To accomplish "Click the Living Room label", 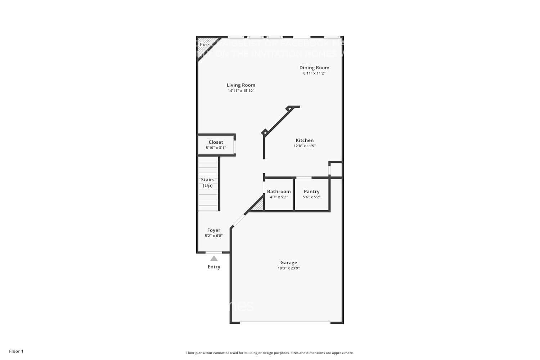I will point(241,85).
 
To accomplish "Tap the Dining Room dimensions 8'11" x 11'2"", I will point(314,73).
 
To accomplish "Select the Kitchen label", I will point(305,140).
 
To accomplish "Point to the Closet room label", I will point(216,142).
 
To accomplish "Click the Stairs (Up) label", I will point(208,183).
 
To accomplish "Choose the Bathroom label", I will point(279,192).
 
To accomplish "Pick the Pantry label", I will point(312,192).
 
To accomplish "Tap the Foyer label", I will point(214,230).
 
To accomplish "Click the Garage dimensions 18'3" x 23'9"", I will point(289,268).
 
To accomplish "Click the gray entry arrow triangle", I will point(214,258).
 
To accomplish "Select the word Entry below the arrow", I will point(214,267).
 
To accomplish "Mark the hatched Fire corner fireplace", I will point(205,44).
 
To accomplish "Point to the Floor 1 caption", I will point(16,351).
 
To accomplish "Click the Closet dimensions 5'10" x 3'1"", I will point(216,148).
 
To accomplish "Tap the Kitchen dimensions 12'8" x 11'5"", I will point(305,146).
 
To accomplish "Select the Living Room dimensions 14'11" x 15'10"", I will point(241,91).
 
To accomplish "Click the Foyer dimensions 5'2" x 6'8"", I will point(214,236).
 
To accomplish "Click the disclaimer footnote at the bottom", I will point(270,353).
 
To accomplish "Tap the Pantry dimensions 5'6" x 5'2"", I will point(312,197).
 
